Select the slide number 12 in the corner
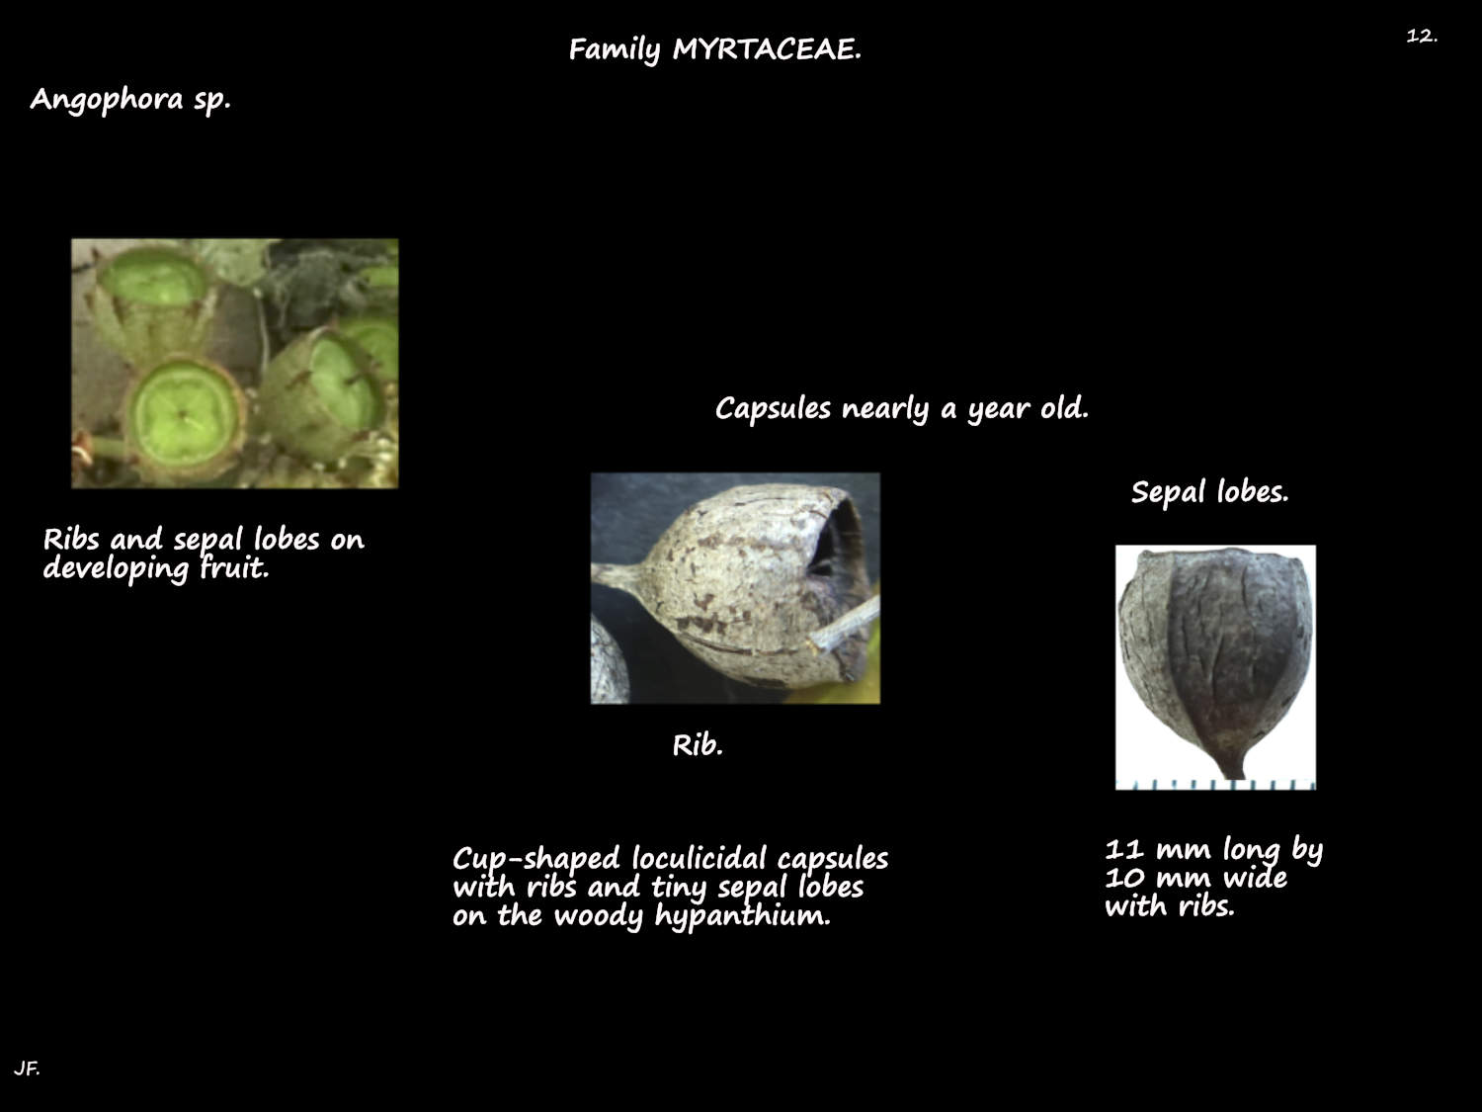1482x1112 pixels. tap(1421, 36)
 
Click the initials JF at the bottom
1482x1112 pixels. tap(27, 1069)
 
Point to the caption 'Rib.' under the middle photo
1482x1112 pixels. tap(698, 745)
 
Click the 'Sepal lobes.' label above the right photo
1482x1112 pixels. tap(1209, 492)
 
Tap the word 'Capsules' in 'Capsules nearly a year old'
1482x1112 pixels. tap(773, 408)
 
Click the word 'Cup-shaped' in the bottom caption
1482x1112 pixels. tap(536, 858)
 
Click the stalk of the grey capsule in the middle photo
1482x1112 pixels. tap(614, 574)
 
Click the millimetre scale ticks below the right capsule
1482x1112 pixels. tap(1215, 784)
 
